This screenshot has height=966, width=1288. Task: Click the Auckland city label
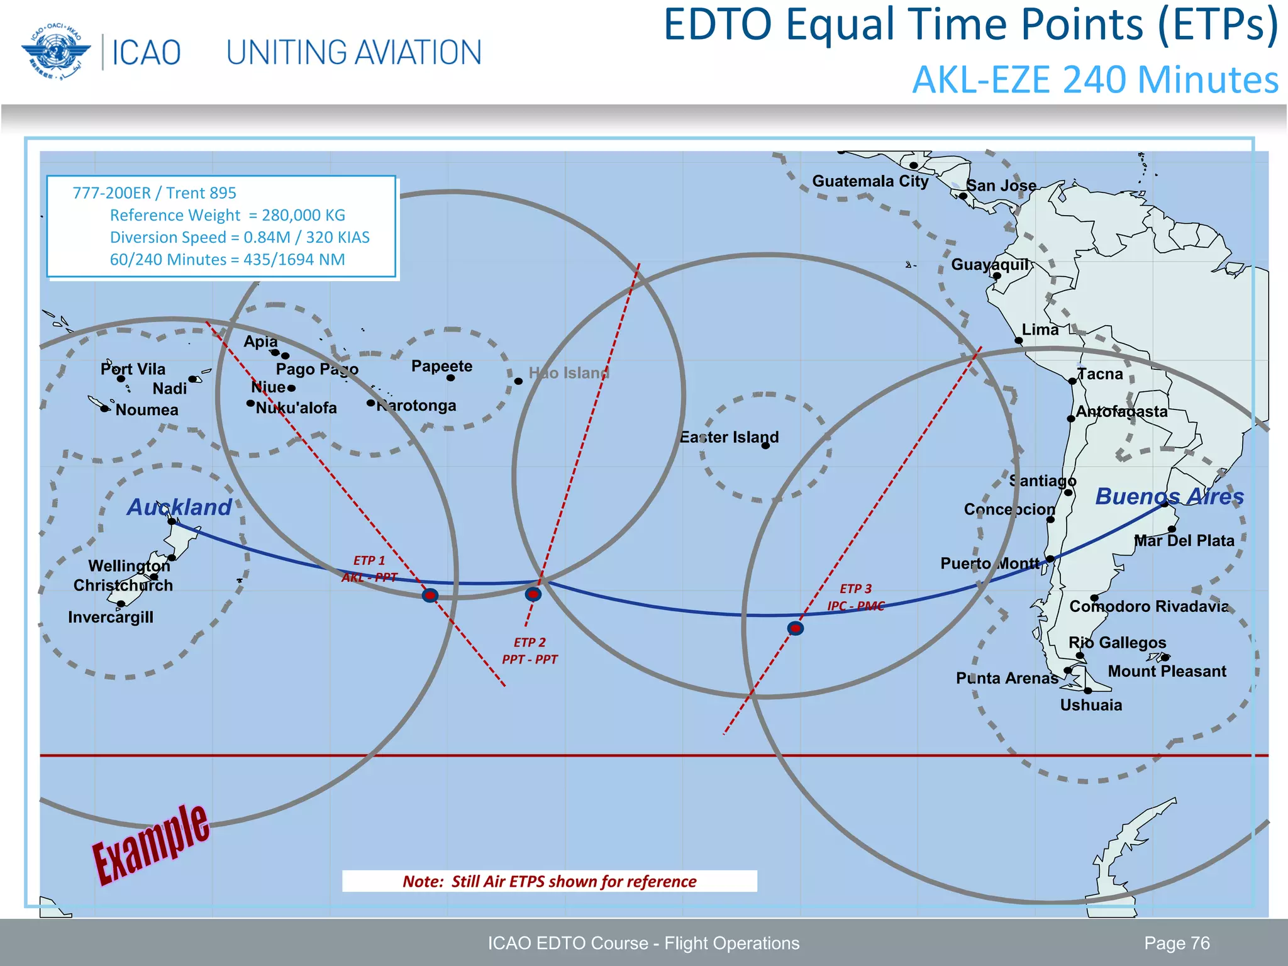pyautogui.click(x=179, y=507)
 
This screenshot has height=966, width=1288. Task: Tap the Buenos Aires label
pyautogui.click(x=1169, y=496)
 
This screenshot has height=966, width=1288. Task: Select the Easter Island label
pyautogui.click(x=729, y=437)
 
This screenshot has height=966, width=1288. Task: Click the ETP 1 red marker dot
pyautogui.click(x=430, y=595)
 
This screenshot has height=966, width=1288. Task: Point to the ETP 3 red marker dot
pyautogui.click(x=796, y=628)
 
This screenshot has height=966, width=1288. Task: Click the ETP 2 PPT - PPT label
pyautogui.click(x=530, y=651)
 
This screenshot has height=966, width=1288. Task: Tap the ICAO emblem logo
pyautogui.click(x=52, y=52)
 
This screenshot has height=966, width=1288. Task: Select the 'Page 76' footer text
pyautogui.click(x=1177, y=943)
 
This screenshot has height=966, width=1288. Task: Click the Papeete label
pyautogui.click(x=441, y=366)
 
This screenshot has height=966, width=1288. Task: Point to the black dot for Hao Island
pyautogui.click(x=518, y=381)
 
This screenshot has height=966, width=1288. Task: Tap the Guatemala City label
pyautogui.click(x=870, y=181)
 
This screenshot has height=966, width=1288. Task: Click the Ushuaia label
pyautogui.click(x=1091, y=705)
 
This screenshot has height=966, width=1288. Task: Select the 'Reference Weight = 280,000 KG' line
pyautogui.click(x=228, y=215)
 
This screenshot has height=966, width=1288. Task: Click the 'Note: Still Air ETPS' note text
pyautogui.click(x=549, y=881)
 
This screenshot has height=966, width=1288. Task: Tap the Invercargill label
pyautogui.click(x=111, y=617)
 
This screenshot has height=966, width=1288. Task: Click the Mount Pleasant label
pyautogui.click(x=1167, y=671)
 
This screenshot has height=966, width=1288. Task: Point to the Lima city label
pyautogui.click(x=1040, y=330)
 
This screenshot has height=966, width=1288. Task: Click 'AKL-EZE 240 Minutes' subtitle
pyautogui.click(x=1095, y=80)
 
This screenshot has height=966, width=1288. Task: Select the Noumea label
pyautogui.click(x=147, y=410)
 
